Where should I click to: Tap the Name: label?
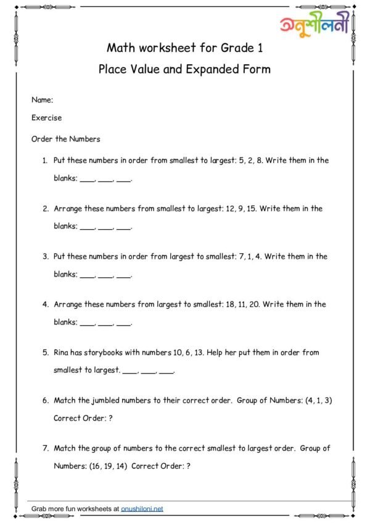click(42, 99)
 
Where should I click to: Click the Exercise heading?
click(46, 117)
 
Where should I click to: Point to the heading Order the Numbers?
click(65, 139)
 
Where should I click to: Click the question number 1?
click(45, 161)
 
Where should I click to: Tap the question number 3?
click(45, 256)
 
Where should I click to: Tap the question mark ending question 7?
click(188, 466)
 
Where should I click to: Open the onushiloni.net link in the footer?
click(142, 509)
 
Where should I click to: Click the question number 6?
click(45, 400)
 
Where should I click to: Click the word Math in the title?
click(120, 48)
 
